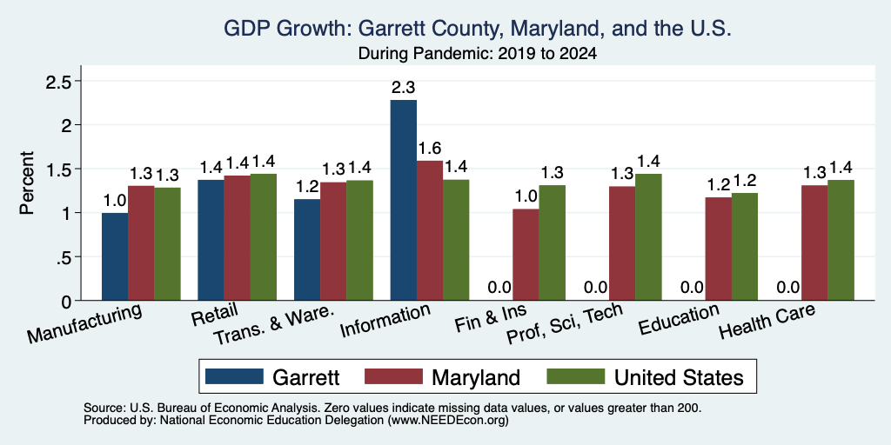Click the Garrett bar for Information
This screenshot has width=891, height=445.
pyautogui.click(x=404, y=200)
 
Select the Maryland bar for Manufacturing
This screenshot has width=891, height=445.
pyautogui.click(x=141, y=243)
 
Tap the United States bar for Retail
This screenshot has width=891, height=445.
pyautogui.click(x=263, y=236)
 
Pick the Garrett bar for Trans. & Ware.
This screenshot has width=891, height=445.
pyautogui.click(x=307, y=249)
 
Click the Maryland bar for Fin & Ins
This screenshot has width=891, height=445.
pyautogui.click(x=526, y=255)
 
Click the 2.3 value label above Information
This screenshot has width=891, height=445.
pyautogui.click(x=403, y=88)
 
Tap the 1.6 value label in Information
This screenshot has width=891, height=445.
pyautogui.click(x=430, y=149)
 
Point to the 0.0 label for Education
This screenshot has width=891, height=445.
pyautogui.click(x=692, y=288)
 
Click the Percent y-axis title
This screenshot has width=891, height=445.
pyautogui.click(x=27, y=183)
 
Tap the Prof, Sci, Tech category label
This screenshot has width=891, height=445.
pyautogui.click(x=564, y=325)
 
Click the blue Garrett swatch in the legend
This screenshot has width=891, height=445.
pyautogui.click(x=235, y=376)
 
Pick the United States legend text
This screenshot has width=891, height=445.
pyautogui.click(x=679, y=377)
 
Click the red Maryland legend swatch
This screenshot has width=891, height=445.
pyautogui.click(x=394, y=376)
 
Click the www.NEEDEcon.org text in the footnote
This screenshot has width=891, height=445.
pyautogui.click(x=448, y=421)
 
